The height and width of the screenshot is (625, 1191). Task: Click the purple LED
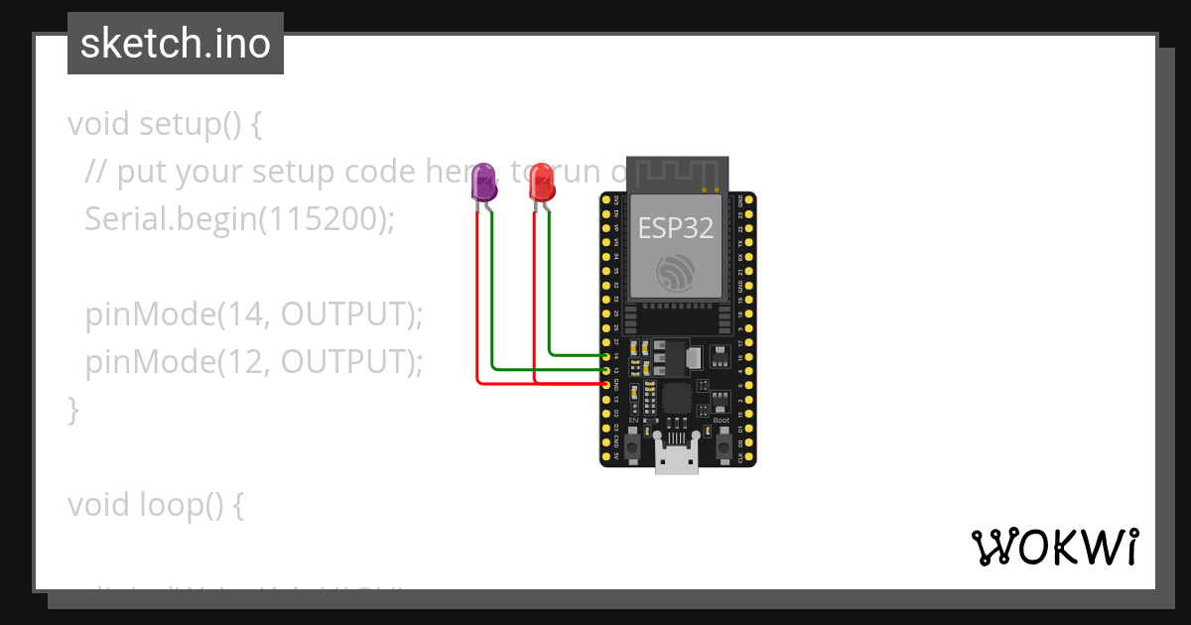coord(484,183)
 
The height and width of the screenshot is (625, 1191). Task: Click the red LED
coord(542,183)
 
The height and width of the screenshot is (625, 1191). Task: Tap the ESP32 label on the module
coord(675,228)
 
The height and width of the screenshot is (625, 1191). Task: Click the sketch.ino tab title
coord(176,44)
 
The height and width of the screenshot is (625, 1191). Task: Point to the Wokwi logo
coord(1054,547)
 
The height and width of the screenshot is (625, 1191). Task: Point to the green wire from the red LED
coord(550,298)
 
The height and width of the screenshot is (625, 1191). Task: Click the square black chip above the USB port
coord(677,399)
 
